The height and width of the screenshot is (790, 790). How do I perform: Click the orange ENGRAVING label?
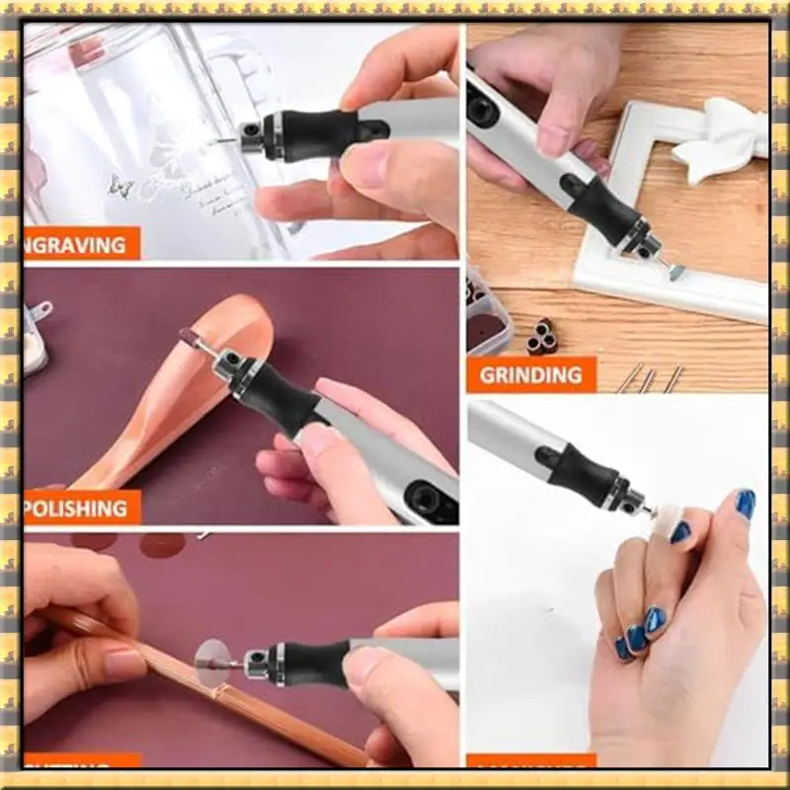(x=81, y=243)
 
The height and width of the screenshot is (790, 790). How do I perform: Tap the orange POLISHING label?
(x=81, y=508)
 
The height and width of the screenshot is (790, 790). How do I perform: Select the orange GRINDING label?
(x=531, y=375)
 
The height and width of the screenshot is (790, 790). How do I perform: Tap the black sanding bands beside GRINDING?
(x=541, y=336)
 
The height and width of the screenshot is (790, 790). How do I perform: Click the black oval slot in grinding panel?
(x=483, y=109)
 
